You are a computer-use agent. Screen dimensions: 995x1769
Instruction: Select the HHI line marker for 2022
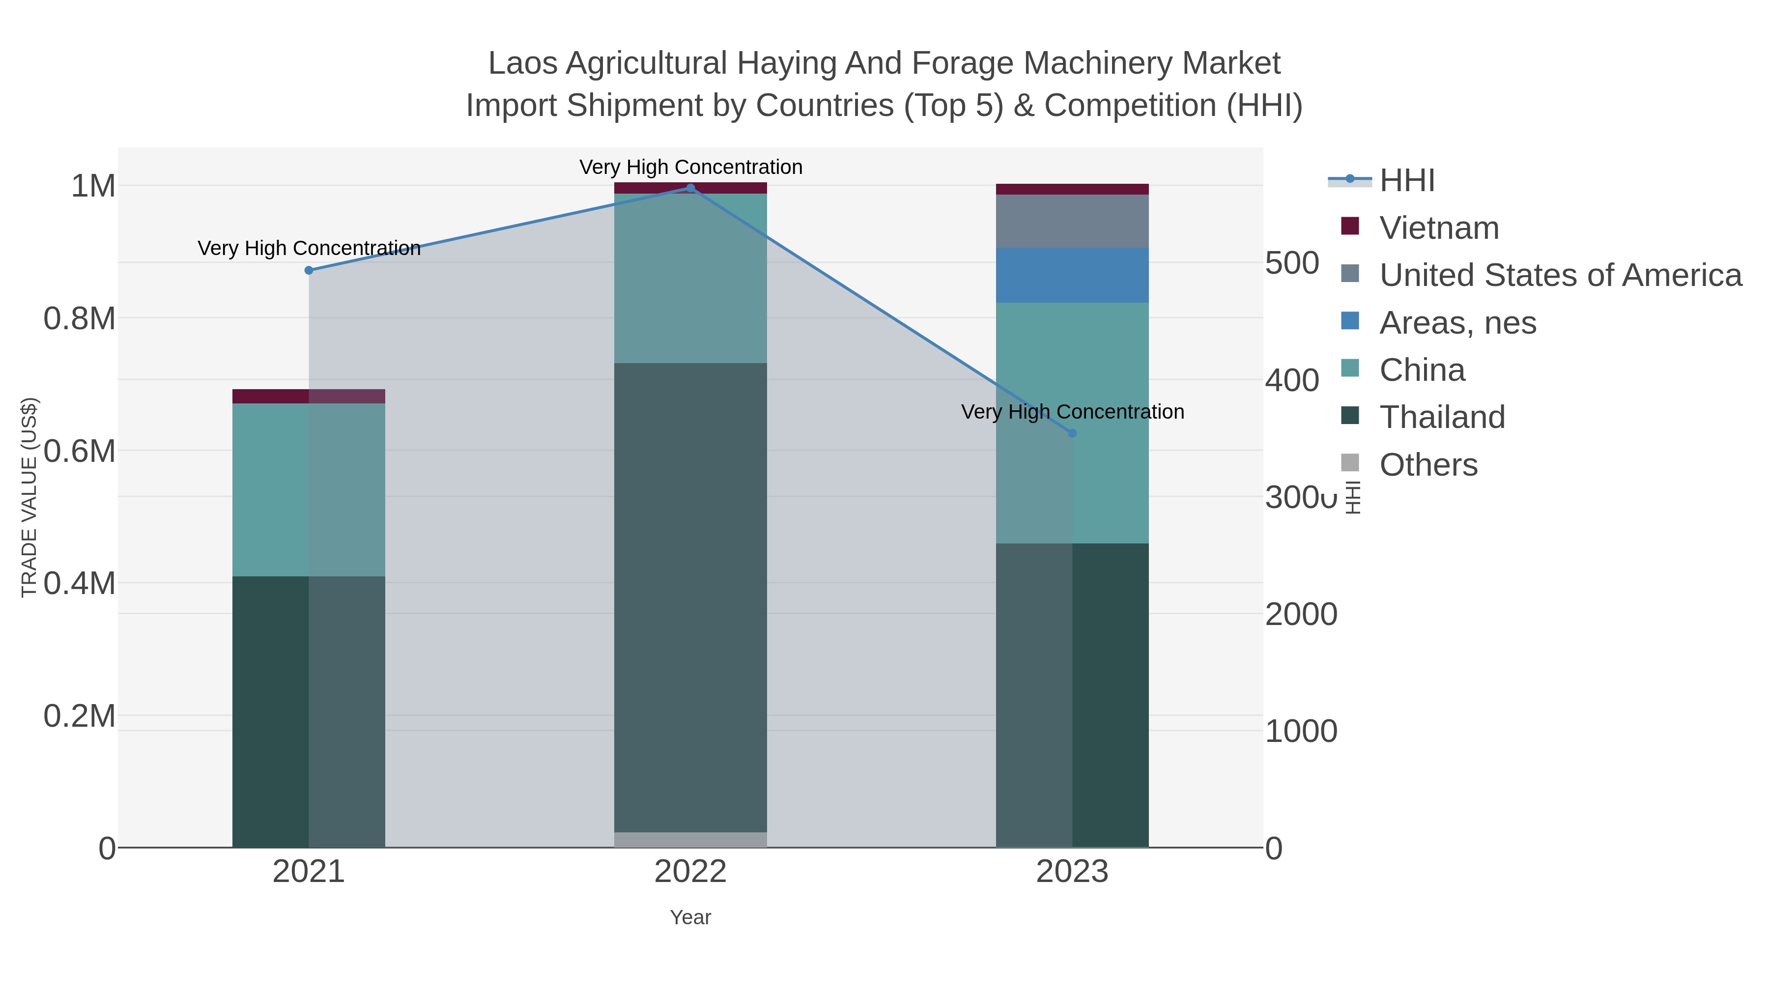pos(690,188)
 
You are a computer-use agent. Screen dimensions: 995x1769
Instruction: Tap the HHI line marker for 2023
pos(1072,433)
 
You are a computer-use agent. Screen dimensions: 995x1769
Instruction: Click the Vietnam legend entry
pos(1439,228)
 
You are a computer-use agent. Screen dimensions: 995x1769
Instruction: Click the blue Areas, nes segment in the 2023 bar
pos(1072,275)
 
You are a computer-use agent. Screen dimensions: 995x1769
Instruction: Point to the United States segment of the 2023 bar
pos(1072,221)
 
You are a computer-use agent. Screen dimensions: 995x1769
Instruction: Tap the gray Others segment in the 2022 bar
pos(690,840)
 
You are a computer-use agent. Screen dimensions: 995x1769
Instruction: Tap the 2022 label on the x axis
pos(690,873)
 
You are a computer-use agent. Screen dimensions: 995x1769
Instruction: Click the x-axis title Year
pos(690,917)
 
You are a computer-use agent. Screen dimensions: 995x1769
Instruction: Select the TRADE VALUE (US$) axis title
pos(29,497)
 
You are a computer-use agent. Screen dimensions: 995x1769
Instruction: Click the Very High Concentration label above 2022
pos(690,168)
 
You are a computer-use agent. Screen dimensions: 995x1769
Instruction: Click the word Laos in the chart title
pos(523,64)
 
